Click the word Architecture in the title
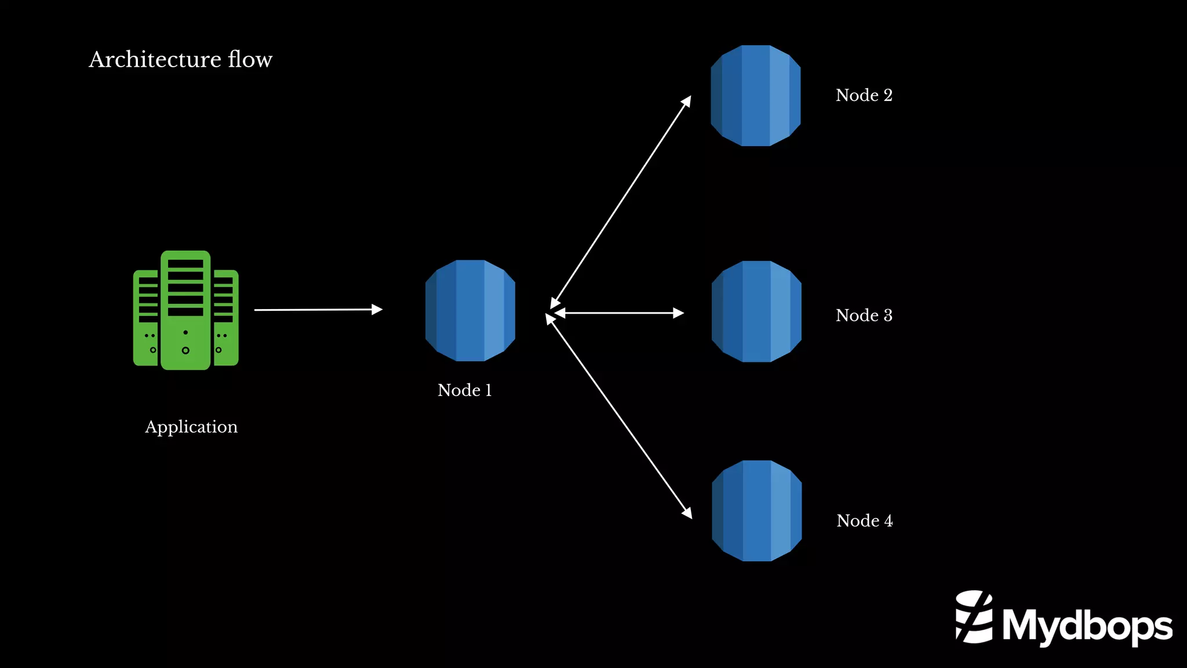coord(155,59)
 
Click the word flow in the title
coord(250,59)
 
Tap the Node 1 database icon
coord(470,310)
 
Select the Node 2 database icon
coord(756,96)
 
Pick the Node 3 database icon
coord(756,311)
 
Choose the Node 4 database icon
coord(756,511)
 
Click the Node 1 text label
coord(464,390)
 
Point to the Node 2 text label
coord(864,95)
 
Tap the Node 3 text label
coord(864,315)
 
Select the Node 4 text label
coord(864,521)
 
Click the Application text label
coord(191,427)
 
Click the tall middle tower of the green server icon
coord(185,310)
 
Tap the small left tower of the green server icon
coord(145,318)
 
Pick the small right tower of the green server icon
coord(226,318)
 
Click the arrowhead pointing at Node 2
coord(686,101)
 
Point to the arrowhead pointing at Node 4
coord(687,513)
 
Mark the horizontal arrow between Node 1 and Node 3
coord(619,313)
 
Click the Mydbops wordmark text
coord(1087,626)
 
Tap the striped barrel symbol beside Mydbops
coord(974,617)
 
